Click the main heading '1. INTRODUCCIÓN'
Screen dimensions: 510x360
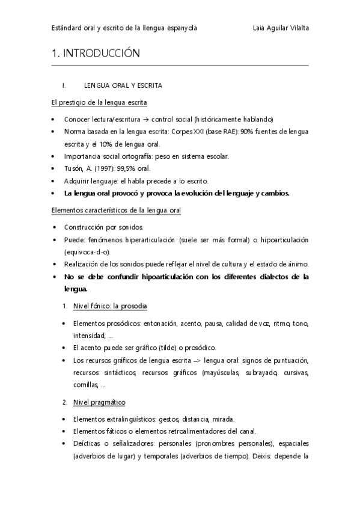96,54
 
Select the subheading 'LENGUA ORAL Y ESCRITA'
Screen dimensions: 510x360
123,86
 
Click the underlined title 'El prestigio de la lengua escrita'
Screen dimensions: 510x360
99,103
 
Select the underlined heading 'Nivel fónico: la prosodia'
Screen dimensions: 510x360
110,306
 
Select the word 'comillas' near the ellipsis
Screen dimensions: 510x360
84,384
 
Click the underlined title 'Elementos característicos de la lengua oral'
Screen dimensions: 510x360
116,210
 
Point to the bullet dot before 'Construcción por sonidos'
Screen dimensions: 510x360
55,228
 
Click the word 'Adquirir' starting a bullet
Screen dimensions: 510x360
76,180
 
